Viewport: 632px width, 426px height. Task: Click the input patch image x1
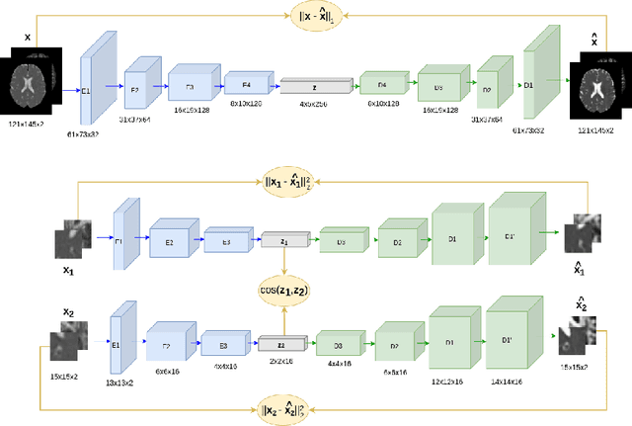coord(76,238)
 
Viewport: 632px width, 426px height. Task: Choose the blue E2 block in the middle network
coord(168,239)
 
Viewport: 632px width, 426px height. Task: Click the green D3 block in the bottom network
coord(337,345)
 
